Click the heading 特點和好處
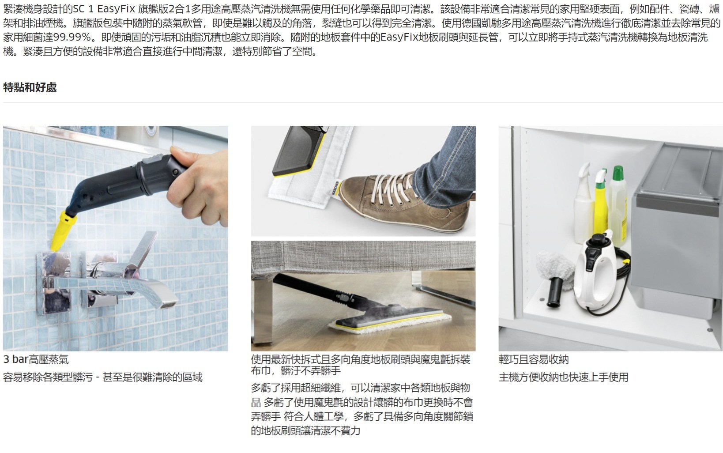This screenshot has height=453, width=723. (x=30, y=87)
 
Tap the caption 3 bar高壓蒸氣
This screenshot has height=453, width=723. (x=36, y=359)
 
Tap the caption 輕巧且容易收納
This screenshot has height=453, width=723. (x=534, y=359)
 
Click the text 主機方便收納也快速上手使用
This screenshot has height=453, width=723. (x=563, y=377)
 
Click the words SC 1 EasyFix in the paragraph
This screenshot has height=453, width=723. (x=104, y=9)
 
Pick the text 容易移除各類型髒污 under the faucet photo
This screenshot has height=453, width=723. (x=48, y=377)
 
